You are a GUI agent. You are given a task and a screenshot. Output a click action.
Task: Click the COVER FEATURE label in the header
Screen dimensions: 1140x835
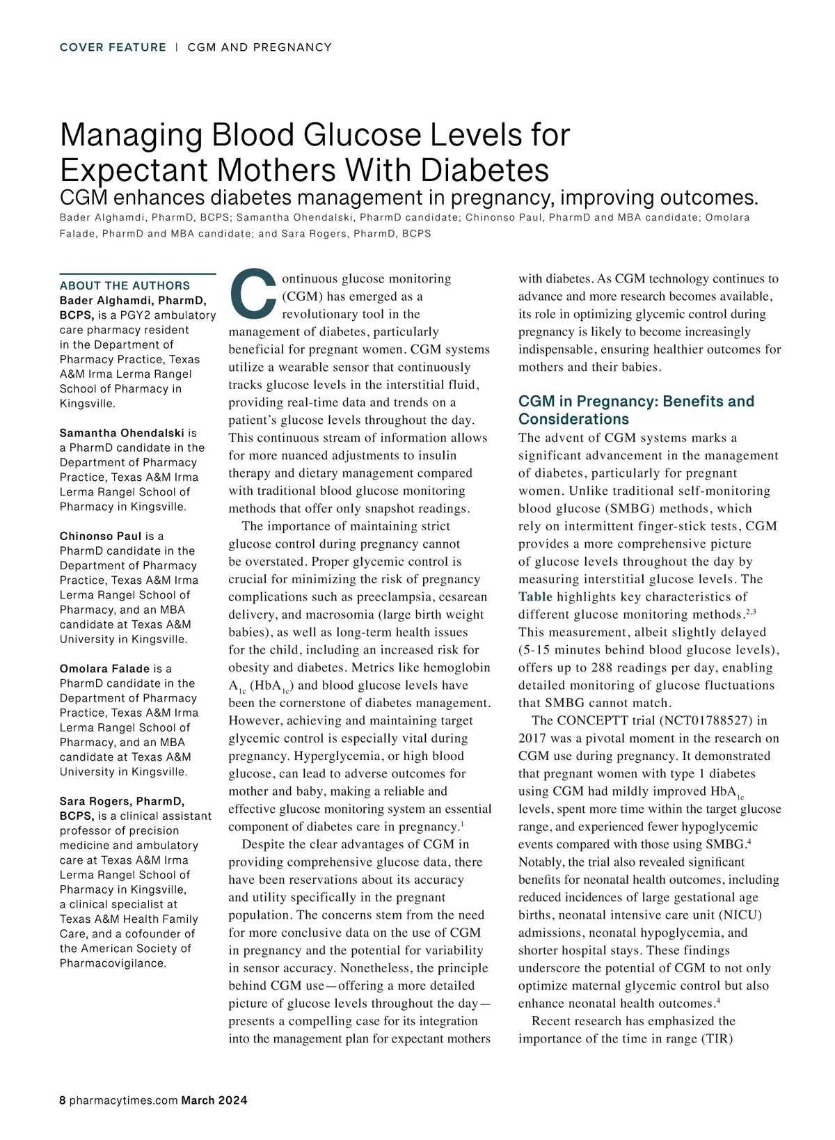click(113, 47)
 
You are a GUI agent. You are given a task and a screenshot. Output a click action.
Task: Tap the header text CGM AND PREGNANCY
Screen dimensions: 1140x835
click(260, 47)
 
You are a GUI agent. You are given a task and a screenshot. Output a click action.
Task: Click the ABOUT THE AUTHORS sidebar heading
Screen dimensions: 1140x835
click(125, 285)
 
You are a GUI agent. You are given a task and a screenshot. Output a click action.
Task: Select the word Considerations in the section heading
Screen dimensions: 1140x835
click(573, 419)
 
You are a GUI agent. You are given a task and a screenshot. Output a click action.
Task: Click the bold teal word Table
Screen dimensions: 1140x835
click(535, 596)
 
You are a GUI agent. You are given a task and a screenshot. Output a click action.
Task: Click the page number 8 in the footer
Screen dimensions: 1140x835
click(63, 1100)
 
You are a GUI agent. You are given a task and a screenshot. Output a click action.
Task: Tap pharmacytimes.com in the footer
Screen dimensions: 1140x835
click(123, 1100)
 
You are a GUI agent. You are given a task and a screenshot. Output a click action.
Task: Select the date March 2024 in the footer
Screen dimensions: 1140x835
click(214, 1100)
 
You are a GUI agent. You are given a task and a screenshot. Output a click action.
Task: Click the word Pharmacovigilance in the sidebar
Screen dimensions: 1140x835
click(113, 963)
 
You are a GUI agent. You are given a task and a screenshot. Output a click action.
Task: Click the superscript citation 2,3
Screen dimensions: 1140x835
click(750, 612)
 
